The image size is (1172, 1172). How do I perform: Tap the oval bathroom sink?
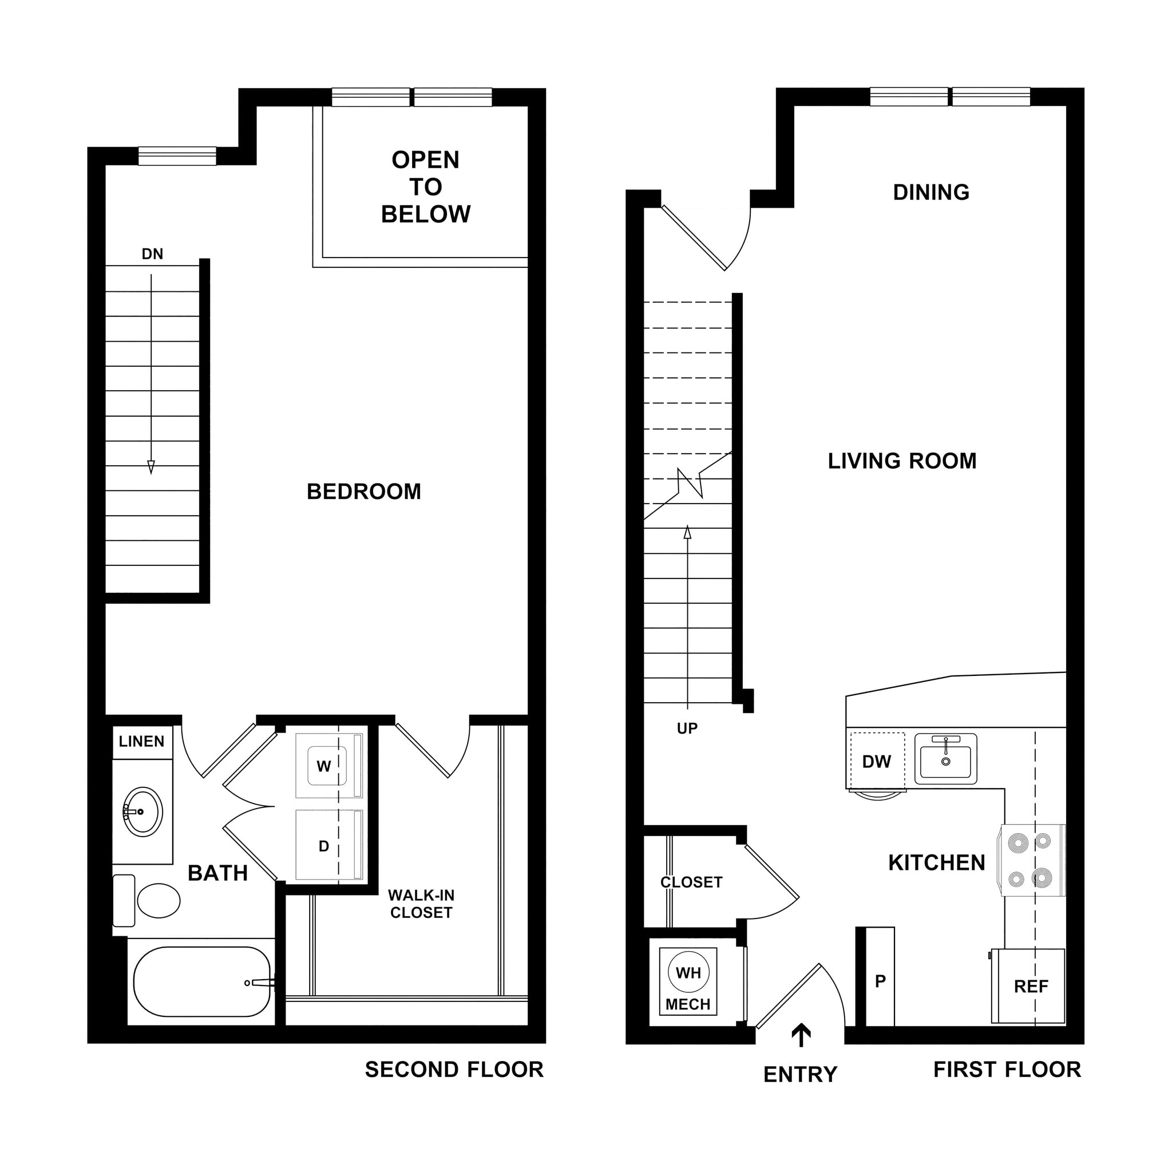pos(142,811)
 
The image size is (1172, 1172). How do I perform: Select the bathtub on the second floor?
pos(201,981)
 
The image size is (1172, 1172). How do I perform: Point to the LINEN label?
pos(141,741)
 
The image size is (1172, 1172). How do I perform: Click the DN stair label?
pos(152,254)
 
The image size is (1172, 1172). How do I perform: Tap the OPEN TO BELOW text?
pos(425,187)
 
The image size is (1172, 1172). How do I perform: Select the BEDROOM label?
pos(363,492)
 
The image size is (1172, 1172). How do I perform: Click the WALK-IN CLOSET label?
pos(421,904)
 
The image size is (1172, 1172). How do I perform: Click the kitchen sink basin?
pos(945,762)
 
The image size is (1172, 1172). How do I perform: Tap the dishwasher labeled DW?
pos(877,762)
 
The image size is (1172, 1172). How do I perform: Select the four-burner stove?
pos(1031,860)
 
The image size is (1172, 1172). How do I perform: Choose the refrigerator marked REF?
pos(1030,987)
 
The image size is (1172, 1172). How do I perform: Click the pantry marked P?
pos(880,980)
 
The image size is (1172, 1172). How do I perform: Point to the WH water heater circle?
pos(688,973)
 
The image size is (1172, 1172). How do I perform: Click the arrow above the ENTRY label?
pos(801,1035)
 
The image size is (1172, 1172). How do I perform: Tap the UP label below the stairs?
pos(687,728)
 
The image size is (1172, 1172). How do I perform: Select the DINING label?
pos(931,192)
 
